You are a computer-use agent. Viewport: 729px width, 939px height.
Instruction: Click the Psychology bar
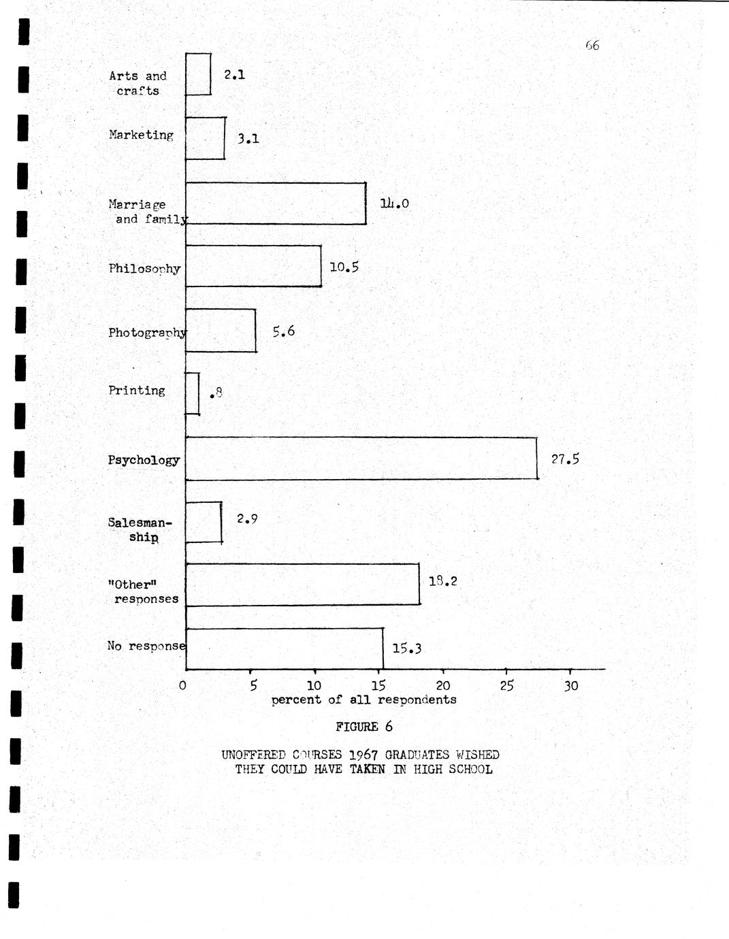[x=361, y=459]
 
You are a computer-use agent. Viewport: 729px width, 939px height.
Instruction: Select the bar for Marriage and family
[x=276, y=203]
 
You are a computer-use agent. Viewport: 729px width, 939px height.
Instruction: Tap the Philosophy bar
[x=253, y=266]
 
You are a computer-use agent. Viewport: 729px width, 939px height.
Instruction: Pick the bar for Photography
[x=221, y=331]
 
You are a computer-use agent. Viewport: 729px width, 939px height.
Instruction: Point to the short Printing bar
[x=193, y=393]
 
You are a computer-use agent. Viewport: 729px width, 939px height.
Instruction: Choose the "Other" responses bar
[x=303, y=584]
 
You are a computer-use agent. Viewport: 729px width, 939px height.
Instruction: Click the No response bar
[x=285, y=648]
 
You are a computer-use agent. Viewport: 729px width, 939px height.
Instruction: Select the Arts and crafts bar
[x=198, y=75]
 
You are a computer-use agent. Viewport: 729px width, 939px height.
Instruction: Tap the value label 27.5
[x=565, y=459]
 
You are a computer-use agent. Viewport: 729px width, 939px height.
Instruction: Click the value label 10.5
[x=344, y=267]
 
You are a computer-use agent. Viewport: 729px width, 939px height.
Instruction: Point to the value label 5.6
[x=283, y=331]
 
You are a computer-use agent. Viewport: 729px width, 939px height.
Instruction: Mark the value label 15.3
[x=406, y=648]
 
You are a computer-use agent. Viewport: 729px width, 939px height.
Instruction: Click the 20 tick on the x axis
[x=442, y=686]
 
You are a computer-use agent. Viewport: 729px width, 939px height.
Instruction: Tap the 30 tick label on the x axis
[x=570, y=686]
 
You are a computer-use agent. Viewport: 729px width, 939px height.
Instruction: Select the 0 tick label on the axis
[x=182, y=685]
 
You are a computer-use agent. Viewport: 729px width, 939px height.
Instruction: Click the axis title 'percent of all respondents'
[x=363, y=700]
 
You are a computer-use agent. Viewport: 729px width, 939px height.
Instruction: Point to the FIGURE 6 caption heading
[x=363, y=727]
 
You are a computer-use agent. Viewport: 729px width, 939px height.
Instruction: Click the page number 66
[x=592, y=46]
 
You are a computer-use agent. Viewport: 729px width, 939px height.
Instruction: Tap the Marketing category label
[x=141, y=135]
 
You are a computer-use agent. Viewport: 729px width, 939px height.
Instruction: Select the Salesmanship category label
[x=140, y=529]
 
